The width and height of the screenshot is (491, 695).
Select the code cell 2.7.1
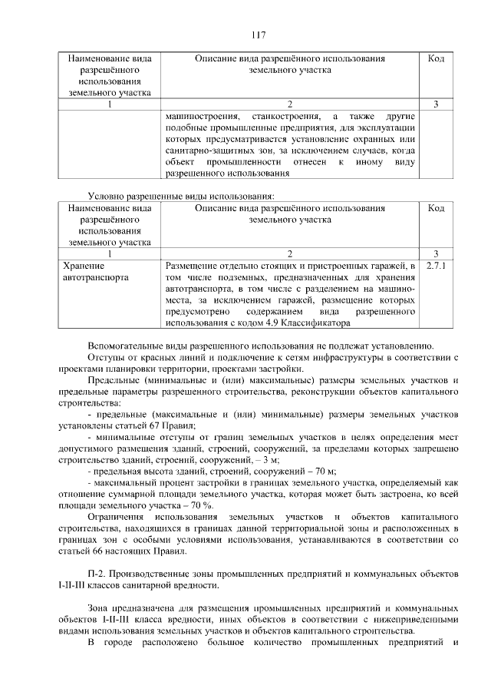435,266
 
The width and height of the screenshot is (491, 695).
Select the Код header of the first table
435,58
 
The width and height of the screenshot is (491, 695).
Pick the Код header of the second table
435,208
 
